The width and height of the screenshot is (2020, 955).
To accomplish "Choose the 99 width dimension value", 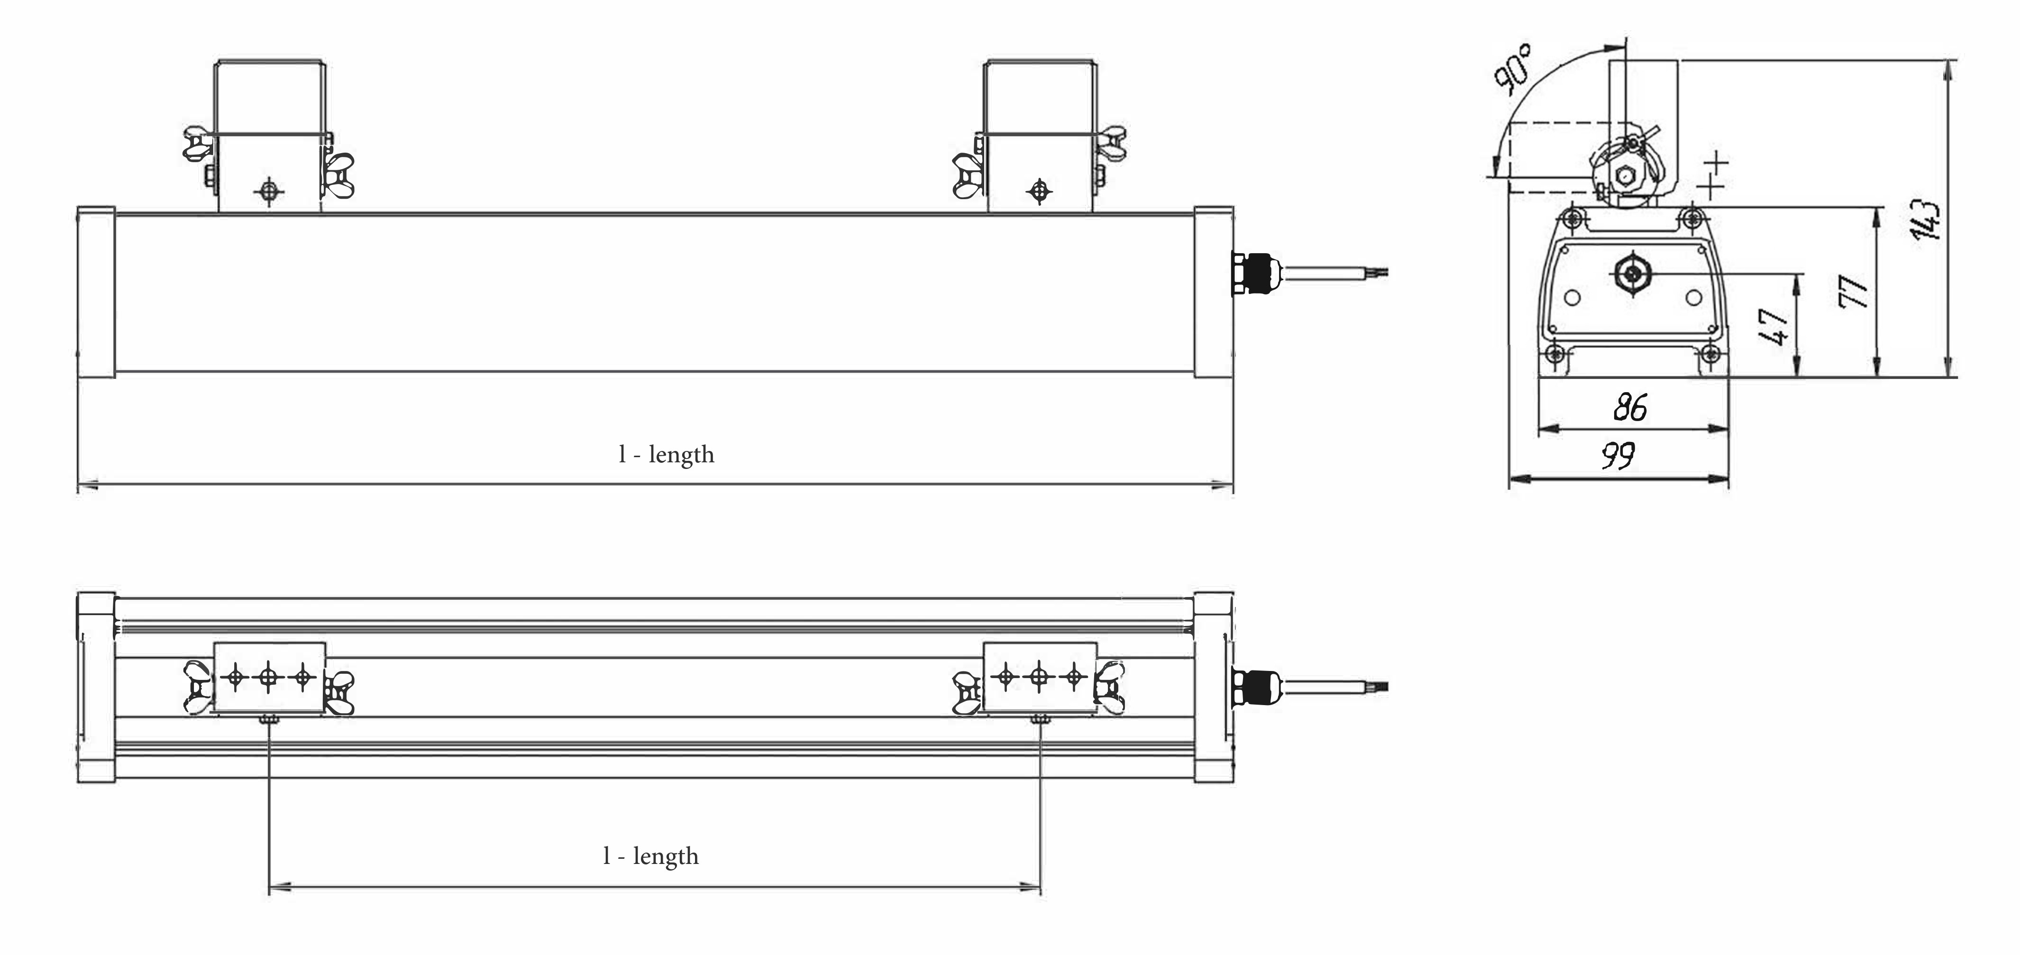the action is pos(1618,456).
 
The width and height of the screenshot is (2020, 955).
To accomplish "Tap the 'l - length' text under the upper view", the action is pos(666,455).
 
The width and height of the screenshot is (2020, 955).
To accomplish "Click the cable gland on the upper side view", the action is pos(1255,273).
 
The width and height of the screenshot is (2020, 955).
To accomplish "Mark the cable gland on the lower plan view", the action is pos(1255,687).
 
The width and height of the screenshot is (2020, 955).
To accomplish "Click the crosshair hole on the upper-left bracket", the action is pos(269,191).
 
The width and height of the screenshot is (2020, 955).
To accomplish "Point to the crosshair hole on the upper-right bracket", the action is pos(1040,191).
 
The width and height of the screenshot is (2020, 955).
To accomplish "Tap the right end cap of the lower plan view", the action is pos(1214,687).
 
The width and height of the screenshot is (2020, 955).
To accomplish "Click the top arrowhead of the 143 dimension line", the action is pos(1948,71).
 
